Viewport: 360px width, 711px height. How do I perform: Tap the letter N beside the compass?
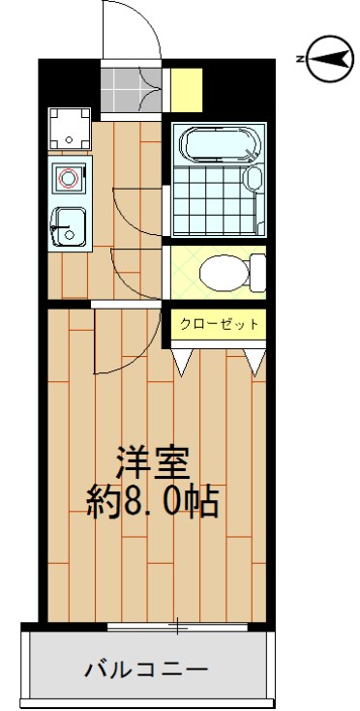[300, 60]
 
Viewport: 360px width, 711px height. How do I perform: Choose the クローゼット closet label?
[220, 324]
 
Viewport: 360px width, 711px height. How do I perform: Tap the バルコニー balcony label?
[145, 669]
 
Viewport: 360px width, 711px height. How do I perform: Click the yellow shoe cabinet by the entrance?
[188, 89]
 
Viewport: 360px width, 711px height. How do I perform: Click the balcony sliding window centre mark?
[178, 628]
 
